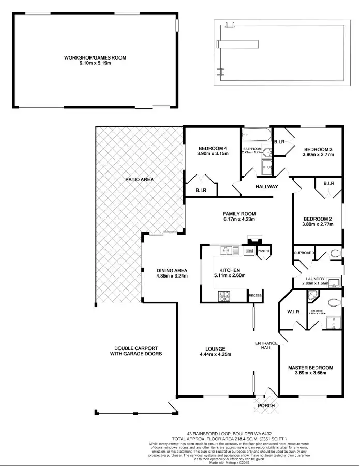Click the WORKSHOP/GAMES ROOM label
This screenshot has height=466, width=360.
coord(95,57)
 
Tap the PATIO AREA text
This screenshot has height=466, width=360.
coord(139,179)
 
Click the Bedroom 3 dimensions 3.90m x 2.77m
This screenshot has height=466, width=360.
coord(318,154)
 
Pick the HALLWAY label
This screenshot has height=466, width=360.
coord(267,187)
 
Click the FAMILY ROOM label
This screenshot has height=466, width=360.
coord(239,213)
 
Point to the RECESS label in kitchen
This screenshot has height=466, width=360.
coord(255,296)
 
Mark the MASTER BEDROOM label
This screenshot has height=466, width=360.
coord(310,368)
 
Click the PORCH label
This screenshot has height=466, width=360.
coord(266,405)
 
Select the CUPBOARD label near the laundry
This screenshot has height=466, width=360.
coord(304,253)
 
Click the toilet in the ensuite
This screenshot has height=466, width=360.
coord(336,301)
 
